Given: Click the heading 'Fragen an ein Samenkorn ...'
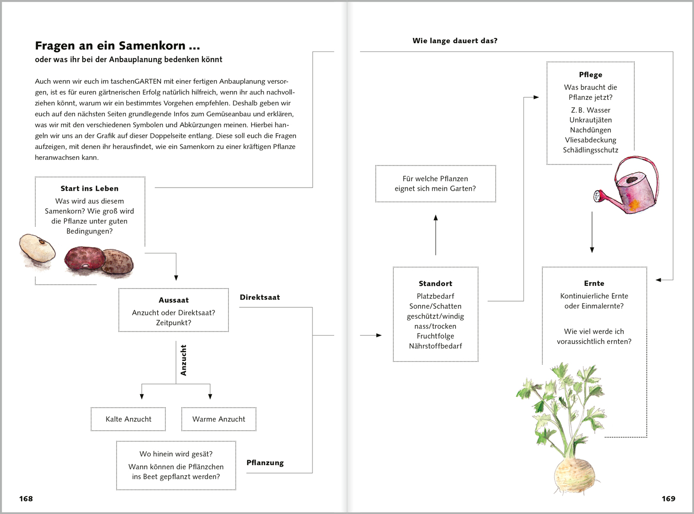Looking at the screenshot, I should (x=117, y=46).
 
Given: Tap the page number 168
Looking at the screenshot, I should (x=26, y=499).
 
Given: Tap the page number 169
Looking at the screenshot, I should (x=668, y=499).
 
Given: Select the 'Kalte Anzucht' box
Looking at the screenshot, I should (x=129, y=419).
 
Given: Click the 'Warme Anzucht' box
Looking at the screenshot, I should (x=218, y=419).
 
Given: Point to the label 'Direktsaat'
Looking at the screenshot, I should (x=260, y=297).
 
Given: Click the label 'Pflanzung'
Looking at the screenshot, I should (x=265, y=463).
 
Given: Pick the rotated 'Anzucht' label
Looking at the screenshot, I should (x=184, y=360).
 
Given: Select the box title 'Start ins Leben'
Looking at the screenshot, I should (x=89, y=189).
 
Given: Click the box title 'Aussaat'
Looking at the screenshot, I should (x=174, y=300).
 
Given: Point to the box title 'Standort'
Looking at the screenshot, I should (x=435, y=284).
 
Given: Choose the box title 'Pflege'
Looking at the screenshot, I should (x=590, y=75).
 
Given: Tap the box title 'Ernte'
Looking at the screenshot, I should (x=594, y=284).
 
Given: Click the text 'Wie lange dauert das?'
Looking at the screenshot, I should (x=455, y=41).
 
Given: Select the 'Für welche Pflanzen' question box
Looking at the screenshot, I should (x=435, y=183).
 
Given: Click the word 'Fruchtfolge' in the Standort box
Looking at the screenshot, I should (x=435, y=336).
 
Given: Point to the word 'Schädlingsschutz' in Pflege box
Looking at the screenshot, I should (x=590, y=150).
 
